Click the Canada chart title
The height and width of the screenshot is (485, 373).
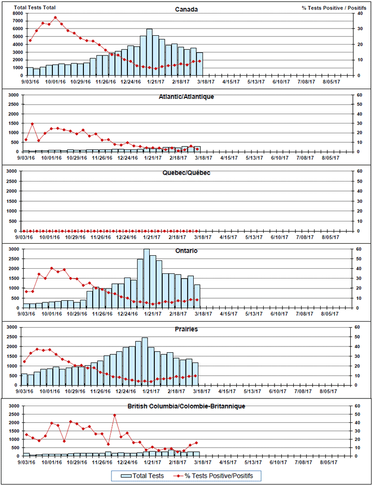pyautogui.click(x=186, y=9)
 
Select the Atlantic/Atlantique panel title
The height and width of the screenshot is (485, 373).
pyautogui.click(x=186, y=96)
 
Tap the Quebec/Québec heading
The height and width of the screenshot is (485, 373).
pyautogui.click(x=186, y=173)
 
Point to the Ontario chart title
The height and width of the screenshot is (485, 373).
pyautogui.click(x=186, y=251)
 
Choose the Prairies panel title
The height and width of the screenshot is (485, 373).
pyautogui.click(x=186, y=329)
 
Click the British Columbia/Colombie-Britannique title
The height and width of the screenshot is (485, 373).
pyautogui.click(x=186, y=406)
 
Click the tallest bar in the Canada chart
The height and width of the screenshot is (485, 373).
pyautogui.click(x=149, y=52)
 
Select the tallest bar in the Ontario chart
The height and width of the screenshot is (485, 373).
pyautogui.click(x=147, y=279)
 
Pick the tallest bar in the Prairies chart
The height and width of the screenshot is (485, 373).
pyautogui.click(x=145, y=361)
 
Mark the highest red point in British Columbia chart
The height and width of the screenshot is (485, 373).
pyautogui.click(x=114, y=415)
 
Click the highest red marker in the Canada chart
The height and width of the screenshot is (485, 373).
pyautogui.click(x=55, y=17)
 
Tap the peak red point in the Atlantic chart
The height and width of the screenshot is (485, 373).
pyautogui.click(x=32, y=124)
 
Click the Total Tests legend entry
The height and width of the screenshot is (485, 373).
pyautogui.click(x=142, y=476)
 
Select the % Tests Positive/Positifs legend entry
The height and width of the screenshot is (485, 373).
pyautogui.click(x=214, y=476)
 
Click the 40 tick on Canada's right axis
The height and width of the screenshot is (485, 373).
pyautogui.click(x=360, y=13)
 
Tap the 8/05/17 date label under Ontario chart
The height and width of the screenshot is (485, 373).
pyautogui.click(x=329, y=314)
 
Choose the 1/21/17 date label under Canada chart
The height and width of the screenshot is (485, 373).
pyautogui.click(x=155, y=81)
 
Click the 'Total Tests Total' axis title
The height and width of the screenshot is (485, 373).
pyautogui.click(x=35, y=7)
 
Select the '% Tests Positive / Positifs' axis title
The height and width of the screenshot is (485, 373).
pyautogui.click(x=334, y=8)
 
